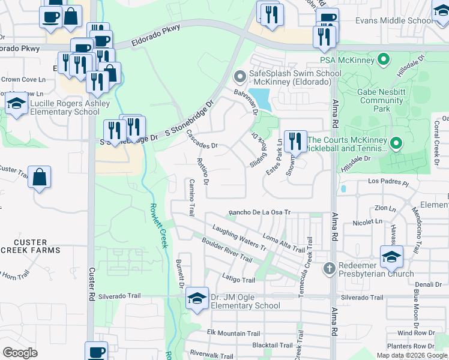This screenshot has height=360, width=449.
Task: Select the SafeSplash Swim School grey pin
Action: pos(238,77)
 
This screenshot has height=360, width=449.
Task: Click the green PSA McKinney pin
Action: pos(382,59)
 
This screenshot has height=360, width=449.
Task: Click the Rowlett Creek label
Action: pos(158,225)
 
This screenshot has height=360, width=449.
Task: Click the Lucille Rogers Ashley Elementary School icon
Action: pos(16,103)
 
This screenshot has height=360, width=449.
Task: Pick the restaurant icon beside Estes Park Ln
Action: pos(295,142)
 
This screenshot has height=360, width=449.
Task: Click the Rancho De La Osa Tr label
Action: pos(259,212)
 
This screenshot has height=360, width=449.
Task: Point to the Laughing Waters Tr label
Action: pos(239,236)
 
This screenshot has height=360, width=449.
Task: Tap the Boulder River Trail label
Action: pos(227,250)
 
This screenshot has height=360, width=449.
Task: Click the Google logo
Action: pos(20,353)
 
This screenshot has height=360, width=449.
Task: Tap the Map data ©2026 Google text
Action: pos(412,355)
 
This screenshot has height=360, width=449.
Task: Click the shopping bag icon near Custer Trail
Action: pos(39,177)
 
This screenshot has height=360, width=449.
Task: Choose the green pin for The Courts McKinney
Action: pos(396,143)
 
